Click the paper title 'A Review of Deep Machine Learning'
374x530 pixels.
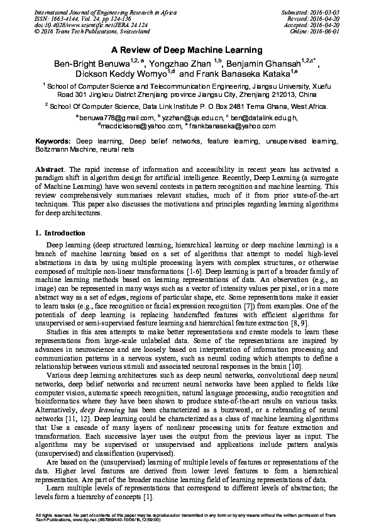tap(187, 49)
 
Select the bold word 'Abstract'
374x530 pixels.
tap(50, 171)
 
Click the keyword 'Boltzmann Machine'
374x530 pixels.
tap(62, 151)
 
